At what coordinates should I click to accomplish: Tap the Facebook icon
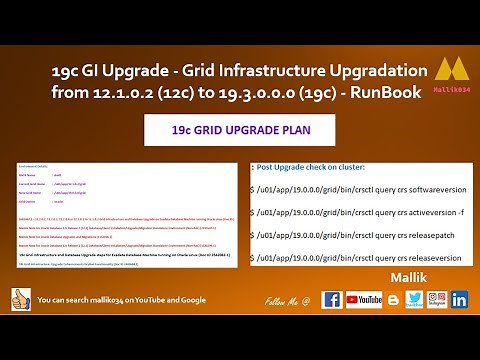pos(332,300)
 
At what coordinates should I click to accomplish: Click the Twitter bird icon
pos(413,300)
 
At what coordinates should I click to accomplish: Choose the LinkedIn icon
pos(460,300)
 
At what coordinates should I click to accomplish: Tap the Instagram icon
pos(436,300)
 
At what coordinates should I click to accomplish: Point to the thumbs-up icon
pos(19,299)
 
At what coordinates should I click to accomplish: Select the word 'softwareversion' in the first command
pos(412,188)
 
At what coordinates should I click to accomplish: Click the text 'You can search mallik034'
pos(90,300)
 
